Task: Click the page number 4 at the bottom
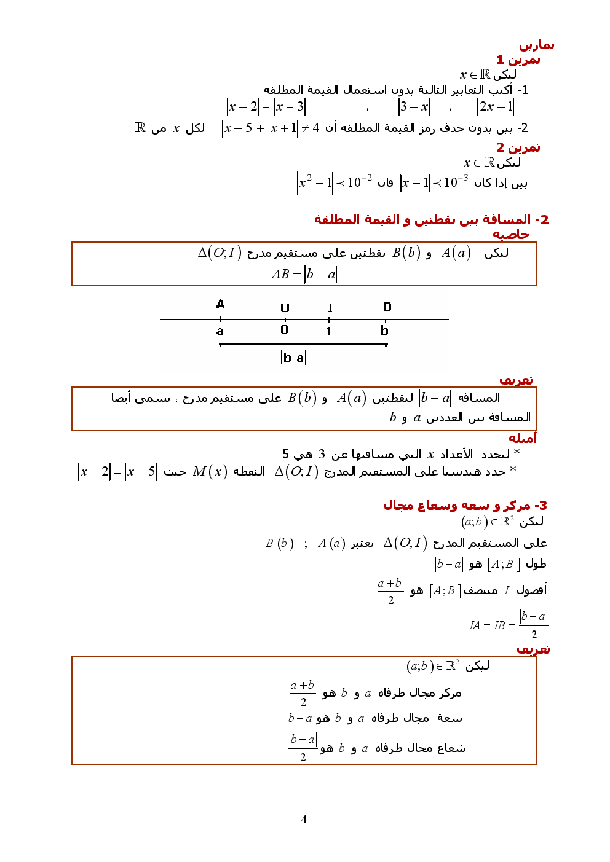pyautogui.click(x=304, y=819)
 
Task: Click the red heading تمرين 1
pyautogui.click(x=518, y=60)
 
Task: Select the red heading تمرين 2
pyautogui.click(x=518, y=147)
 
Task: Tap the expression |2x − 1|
pyautogui.click(x=496, y=107)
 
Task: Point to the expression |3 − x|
pyautogui.click(x=414, y=107)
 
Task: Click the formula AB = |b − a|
pyautogui.click(x=304, y=274)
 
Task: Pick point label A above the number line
pyautogui.click(x=221, y=304)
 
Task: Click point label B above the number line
pyautogui.click(x=387, y=307)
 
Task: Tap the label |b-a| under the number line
pyautogui.click(x=293, y=358)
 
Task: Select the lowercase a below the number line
pyautogui.click(x=220, y=331)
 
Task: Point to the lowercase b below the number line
pyautogui.click(x=384, y=331)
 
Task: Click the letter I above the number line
pyautogui.click(x=330, y=308)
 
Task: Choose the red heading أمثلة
pyautogui.click(x=523, y=438)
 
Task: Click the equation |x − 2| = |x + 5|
pyautogui.click(x=117, y=472)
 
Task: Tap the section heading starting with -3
pyautogui.click(x=465, y=506)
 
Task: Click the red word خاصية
pyautogui.click(x=511, y=234)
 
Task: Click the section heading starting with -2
pyautogui.click(x=431, y=219)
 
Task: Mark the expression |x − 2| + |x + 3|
pyautogui.click(x=266, y=107)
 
